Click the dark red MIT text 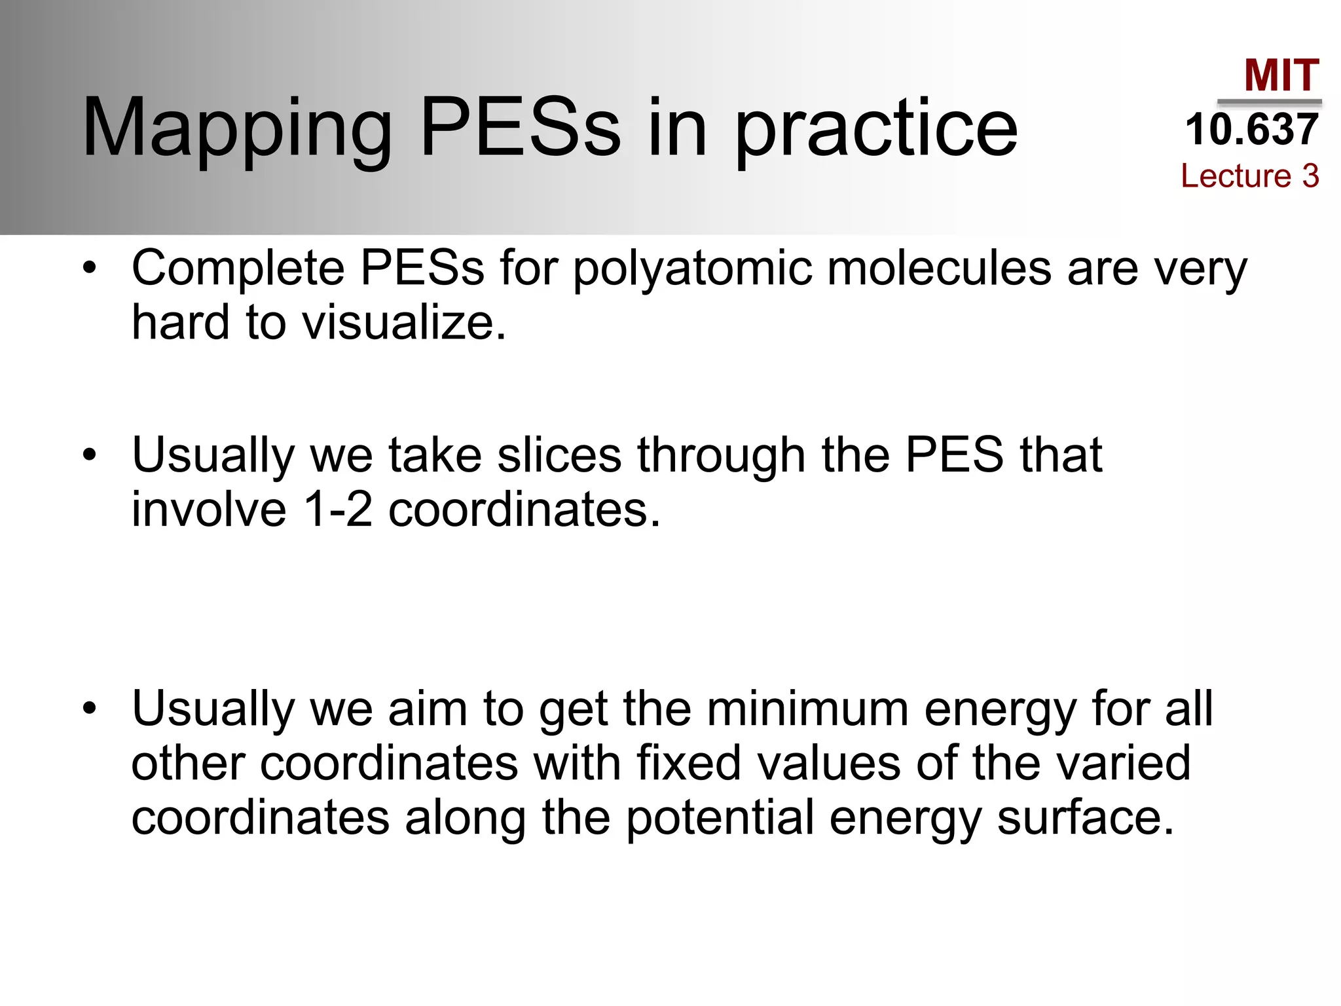coord(1281,75)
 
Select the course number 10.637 coord(1251,129)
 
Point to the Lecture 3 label coord(1249,176)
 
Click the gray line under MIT coord(1269,102)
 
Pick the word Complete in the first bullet coord(238,269)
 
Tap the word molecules coord(939,269)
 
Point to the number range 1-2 coord(338,510)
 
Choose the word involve coord(209,510)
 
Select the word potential coord(720,819)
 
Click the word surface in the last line coord(1085,819)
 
